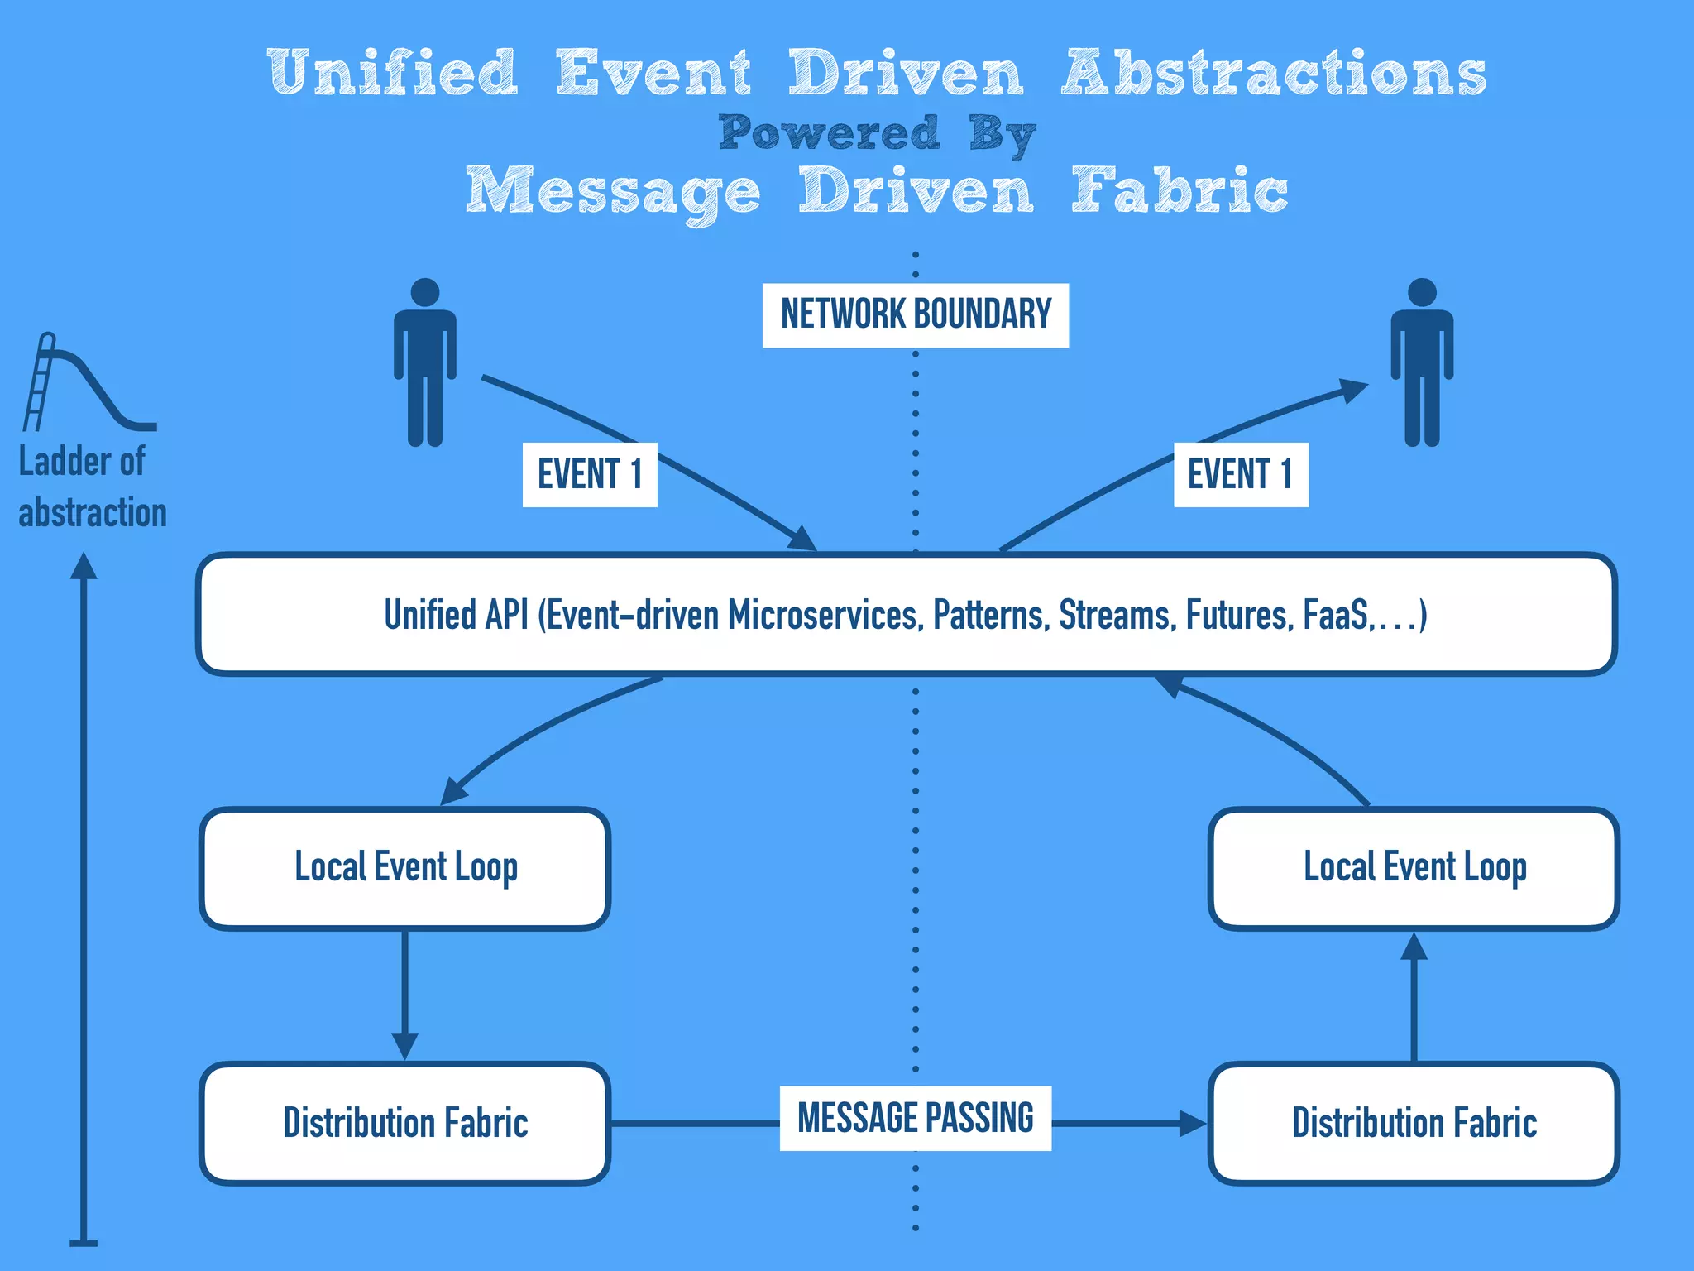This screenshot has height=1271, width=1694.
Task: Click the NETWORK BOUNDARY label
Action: (915, 314)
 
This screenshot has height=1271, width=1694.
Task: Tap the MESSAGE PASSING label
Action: (915, 1118)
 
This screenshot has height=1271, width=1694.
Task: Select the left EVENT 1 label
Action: (590, 474)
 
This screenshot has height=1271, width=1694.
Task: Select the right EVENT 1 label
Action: (1240, 474)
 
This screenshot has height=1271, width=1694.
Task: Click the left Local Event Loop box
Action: (405, 868)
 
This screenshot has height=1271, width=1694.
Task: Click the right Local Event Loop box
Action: (1414, 868)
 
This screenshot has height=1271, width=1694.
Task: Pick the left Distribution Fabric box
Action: (405, 1123)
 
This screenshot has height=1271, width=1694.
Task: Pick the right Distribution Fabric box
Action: (1414, 1123)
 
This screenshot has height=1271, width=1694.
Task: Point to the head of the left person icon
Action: (425, 292)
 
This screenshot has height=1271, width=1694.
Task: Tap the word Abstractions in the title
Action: (1274, 73)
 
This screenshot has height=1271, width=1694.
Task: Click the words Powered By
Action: (877, 132)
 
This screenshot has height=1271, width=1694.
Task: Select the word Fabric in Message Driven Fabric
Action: (1180, 190)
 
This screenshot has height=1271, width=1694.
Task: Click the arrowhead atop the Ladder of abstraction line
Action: (84, 566)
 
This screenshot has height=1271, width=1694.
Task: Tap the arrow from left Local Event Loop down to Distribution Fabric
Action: (404, 993)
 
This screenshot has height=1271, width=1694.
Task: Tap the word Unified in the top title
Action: (394, 73)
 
